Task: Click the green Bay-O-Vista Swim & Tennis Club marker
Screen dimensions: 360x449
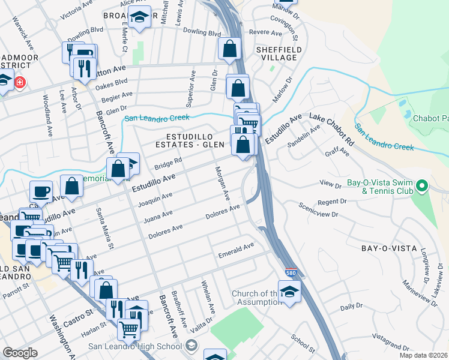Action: pyautogui.click(x=421, y=186)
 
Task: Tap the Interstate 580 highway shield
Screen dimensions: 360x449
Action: pyautogui.click(x=291, y=272)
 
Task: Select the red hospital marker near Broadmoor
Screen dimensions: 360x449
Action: pyautogui.click(x=20, y=82)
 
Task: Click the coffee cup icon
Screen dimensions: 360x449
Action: pyautogui.click(x=41, y=191)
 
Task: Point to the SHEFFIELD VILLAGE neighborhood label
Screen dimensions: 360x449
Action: pyautogui.click(x=276, y=53)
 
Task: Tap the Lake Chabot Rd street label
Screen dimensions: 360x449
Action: pyautogui.click(x=331, y=129)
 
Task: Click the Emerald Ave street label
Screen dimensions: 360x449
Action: pyautogui.click(x=236, y=247)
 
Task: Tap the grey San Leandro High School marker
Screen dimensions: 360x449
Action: pyautogui.click(x=191, y=345)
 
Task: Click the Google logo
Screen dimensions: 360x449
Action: pyautogui.click(x=20, y=353)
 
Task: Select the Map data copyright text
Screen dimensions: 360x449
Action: pyautogui.click(x=424, y=355)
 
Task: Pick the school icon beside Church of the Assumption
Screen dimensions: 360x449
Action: pyautogui.click(x=290, y=292)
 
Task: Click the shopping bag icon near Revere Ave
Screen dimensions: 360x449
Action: pyautogui.click(x=229, y=49)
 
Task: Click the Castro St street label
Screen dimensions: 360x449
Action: pyautogui.click(x=78, y=314)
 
